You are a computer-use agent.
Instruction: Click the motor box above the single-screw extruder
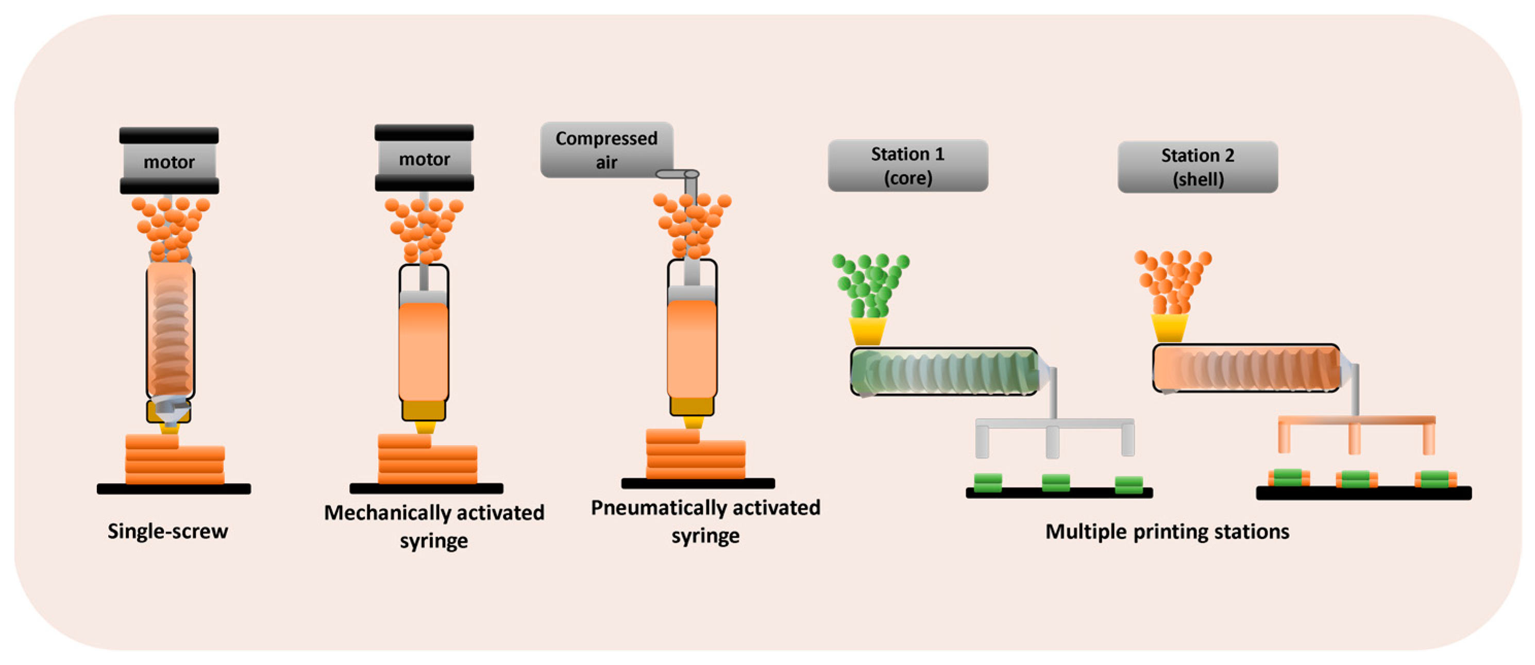point(169,161)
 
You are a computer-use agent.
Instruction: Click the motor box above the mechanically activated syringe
point(424,159)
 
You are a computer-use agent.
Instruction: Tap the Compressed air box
point(606,149)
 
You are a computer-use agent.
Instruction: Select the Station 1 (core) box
point(907,166)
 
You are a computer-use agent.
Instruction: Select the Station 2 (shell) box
point(1197,167)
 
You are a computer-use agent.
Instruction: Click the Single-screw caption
point(167,531)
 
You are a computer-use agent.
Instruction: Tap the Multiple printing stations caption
point(1167,531)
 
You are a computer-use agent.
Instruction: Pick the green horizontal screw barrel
point(944,372)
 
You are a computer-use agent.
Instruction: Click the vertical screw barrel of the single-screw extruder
point(171,331)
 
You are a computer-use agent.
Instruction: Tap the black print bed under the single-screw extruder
point(174,489)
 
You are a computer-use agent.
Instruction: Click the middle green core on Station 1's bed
point(1055,482)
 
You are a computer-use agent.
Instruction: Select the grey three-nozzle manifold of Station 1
point(1054,424)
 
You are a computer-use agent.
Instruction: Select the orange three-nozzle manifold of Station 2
point(1356,421)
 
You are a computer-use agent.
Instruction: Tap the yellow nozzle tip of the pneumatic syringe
point(693,422)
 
